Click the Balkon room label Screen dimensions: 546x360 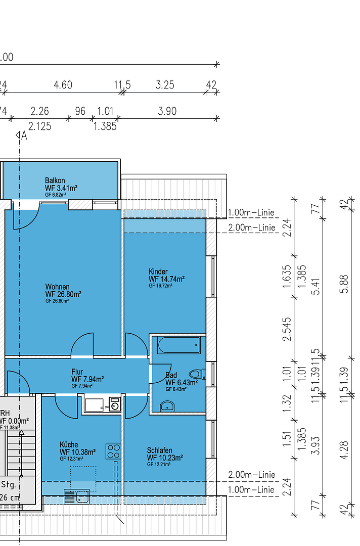(55, 180)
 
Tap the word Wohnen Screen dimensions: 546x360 (58, 287)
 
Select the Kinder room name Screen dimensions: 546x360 (158, 271)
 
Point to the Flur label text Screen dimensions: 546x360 (77, 372)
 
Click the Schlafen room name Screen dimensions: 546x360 (160, 450)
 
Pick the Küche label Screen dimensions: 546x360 (68, 444)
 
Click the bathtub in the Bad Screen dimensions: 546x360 (178, 346)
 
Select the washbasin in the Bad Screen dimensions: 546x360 (167, 405)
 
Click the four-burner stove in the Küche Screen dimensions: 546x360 (113, 451)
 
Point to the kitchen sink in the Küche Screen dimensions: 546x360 (77, 496)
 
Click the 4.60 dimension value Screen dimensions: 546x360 (63, 85)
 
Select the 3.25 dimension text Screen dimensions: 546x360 (165, 85)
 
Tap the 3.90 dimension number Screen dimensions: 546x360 (167, 111)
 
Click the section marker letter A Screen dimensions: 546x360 (24, 135)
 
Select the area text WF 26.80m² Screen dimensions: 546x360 (63, 294)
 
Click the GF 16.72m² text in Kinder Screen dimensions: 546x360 (160, 286)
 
